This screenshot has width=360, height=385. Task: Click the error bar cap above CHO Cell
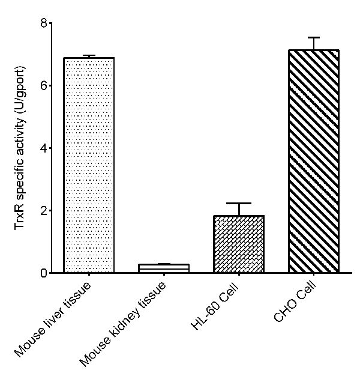tap(314, 37)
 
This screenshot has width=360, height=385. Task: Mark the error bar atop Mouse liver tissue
tap(89, 56)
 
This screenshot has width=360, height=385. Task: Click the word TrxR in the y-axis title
tap(20, 219)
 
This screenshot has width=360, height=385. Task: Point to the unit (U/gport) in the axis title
tap(20, 90)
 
